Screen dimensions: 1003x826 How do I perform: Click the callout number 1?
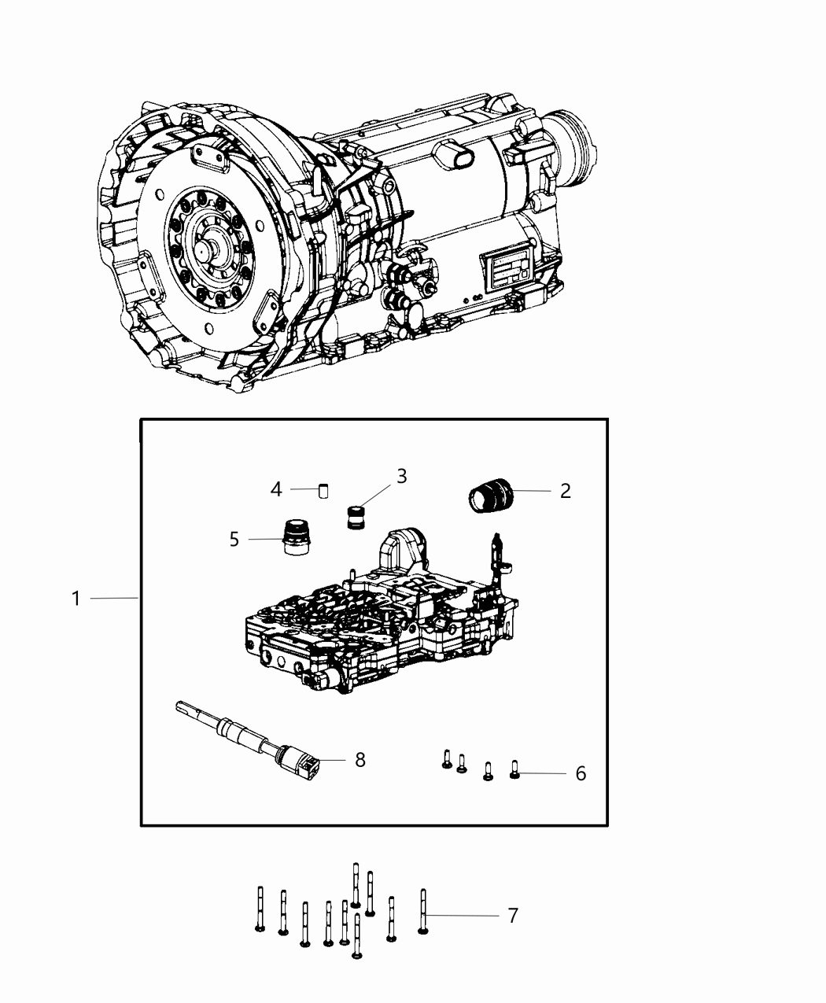tap(76, 599)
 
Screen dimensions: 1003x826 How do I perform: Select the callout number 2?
tap(565, 491)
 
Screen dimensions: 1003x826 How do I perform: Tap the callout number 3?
tap(401, 476)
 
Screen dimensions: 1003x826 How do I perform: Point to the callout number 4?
tap(276, 489)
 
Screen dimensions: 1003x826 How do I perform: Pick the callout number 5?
tap(234, 540)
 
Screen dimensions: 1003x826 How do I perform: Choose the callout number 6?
tap(581, 773)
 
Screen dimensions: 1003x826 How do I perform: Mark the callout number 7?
tap(512, 916)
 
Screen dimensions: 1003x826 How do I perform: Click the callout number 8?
tap(360, 760)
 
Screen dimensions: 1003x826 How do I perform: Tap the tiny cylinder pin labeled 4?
tap(323, 491)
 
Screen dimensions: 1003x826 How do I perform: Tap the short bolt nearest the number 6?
tap(515, 769)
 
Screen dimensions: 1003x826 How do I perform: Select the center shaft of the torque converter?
tap(206, 250)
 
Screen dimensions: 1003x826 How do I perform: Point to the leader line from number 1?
tap(114, 599)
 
